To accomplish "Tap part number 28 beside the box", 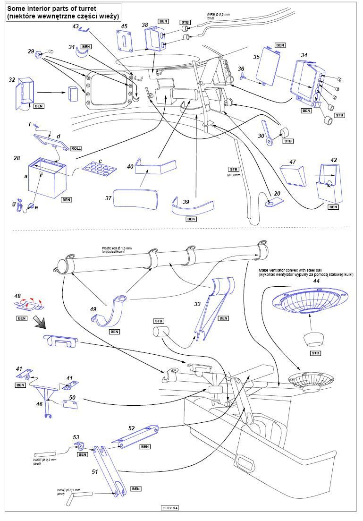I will point(17,157).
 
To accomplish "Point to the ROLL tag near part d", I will point(76,148).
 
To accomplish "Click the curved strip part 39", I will point(192,206).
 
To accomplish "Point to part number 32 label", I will point(12,80).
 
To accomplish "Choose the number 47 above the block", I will point(292,162).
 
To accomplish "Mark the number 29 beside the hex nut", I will point(31,51).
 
